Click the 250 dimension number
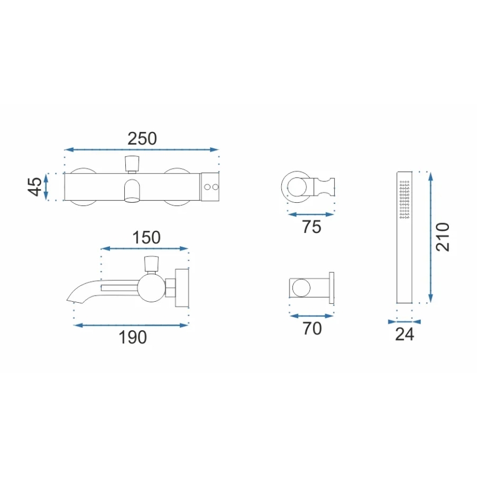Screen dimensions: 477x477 click(x=142, y=138)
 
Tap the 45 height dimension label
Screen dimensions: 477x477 click(x=35, y=187)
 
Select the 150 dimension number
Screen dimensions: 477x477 click(x=146, y=237)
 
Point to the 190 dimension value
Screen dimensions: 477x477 click(x=133, y=337)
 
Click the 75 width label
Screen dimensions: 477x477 click(x=311, y=226)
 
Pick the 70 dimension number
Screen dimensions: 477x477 click(x=312, y=329)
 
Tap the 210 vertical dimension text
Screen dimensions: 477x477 click(x=442, y=237)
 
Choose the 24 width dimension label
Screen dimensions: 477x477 click(x=404, y=334)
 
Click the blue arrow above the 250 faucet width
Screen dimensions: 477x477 click(x=142, y=149)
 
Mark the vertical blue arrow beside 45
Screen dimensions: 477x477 click(x=47, y=187)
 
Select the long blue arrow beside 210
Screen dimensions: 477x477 click(x=430, y=237)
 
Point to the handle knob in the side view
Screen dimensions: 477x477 click(x=152, y=263)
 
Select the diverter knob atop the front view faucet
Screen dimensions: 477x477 click(x=132, y=163)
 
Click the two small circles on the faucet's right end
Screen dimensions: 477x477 click(x=211, y=188)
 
